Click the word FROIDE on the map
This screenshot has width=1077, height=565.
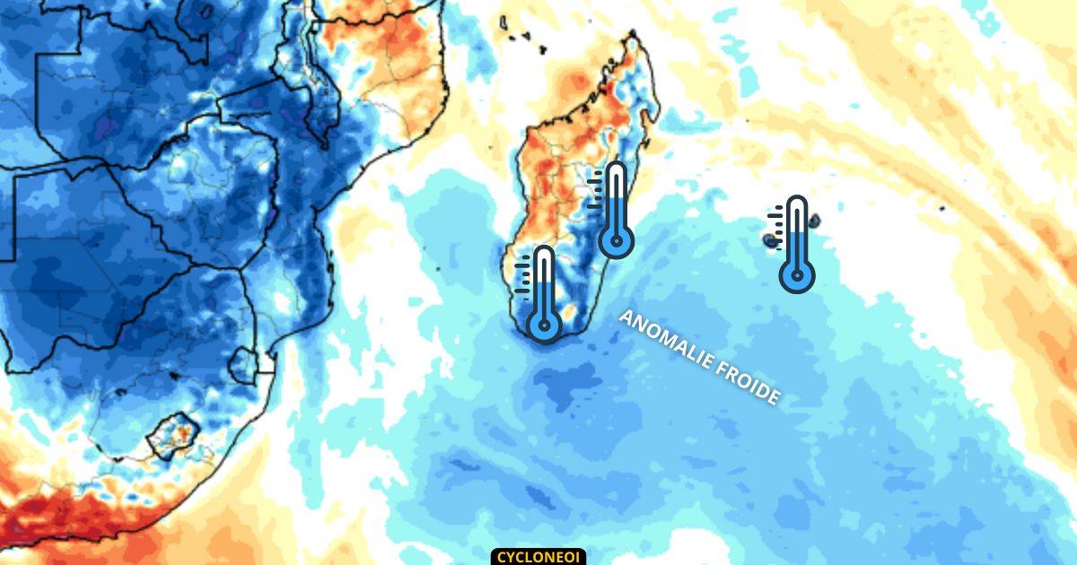click(x=746, y=381)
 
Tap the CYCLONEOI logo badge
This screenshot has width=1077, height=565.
click(x=538, y=557)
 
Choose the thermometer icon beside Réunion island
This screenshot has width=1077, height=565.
click(x=796, y=243)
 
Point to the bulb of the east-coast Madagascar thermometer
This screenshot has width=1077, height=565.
click(x=616, y=240)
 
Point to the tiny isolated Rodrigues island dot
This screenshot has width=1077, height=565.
click(x=942, y=208)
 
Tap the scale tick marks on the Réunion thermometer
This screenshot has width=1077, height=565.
click(x=776, y=219)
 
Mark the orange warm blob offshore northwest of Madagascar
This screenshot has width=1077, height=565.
click(x=565, y=86)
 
